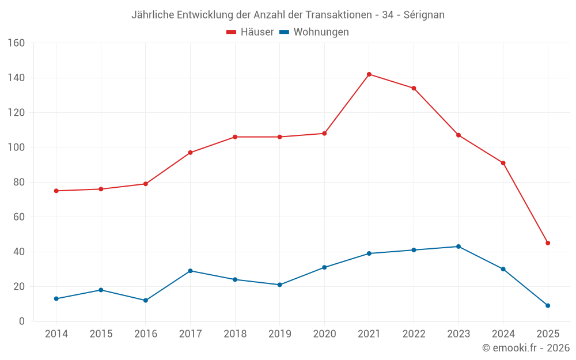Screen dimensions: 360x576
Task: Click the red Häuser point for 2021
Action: (369, 74)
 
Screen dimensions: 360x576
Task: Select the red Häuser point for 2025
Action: (548, 243)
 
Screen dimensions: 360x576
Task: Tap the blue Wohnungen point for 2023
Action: (458, 247)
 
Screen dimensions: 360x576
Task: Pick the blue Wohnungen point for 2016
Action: (146, 301)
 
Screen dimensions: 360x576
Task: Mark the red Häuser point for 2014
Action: (56, 191)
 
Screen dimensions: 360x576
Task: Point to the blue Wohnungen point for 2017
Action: (190, 271)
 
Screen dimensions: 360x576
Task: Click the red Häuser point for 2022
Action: (414, 88)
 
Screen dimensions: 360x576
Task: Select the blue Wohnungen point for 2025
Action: (548, 306)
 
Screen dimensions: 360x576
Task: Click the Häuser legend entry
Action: (250, 32)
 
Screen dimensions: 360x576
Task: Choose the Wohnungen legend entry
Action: (314, 32)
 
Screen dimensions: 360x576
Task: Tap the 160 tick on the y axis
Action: (16, 43)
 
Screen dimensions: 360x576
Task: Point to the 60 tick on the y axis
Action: (18, 217)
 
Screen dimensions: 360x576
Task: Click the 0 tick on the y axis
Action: (21, 321)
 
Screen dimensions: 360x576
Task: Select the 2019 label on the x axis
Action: (279, 334)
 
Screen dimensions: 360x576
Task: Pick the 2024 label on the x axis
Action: (503, 334)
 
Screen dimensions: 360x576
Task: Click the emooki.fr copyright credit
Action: (525, 348)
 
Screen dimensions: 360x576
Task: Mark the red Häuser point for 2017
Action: (190, 153)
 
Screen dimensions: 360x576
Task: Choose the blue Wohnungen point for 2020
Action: (324, 267)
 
